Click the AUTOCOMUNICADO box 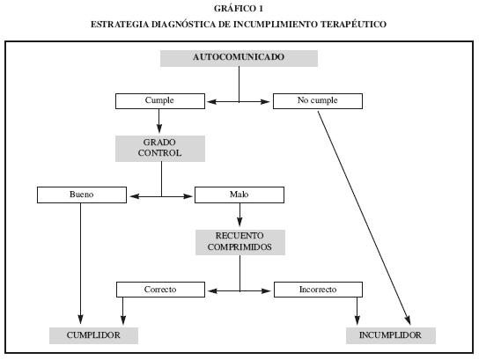click(239, 58)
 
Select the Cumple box click(160, 101)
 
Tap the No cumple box click(318, 101)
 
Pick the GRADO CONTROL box click(160, 149)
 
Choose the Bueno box click(82, 195)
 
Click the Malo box click(239, 195)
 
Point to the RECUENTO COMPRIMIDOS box click(240, 242)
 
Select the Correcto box click(160, 290)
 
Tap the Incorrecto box click(318, 290)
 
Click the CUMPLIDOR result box click(93, 335)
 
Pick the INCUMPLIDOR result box click(391, 335)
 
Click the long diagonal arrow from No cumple click(364, 217)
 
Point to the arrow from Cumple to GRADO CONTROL click(158, 121)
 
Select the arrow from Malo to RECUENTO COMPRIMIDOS click(239, 215)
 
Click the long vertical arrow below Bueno click(81, 263)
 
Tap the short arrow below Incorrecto click(357, 311)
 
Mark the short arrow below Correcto click(123, 311)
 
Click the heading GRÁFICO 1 click(239, 9)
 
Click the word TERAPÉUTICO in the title click(353, 24)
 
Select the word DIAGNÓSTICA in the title click(184, 24)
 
